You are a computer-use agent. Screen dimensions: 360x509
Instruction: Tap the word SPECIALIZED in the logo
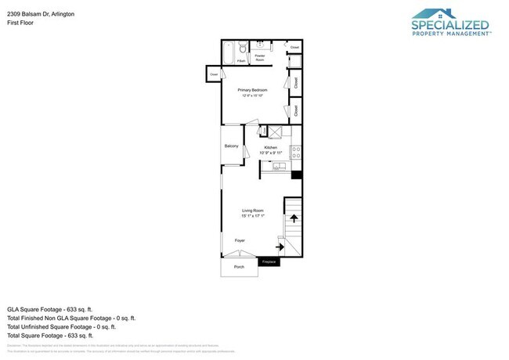pyautogui.click(x=450, y=24)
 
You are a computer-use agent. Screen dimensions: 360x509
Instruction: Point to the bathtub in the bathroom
pyautogui.click(x=228, y=53)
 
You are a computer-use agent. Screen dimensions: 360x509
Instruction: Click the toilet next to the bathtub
pyautogui.click(x=243, y=49)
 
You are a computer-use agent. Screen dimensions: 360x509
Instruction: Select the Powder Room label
pyautogui.click(x=260, y=57)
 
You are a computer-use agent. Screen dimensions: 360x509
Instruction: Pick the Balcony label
pyautogui.click(x=231, y=146)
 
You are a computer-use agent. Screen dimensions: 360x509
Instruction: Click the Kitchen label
pyautogui.click(x=271, y=147)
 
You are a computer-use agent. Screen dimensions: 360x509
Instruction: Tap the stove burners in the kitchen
pyautogui.click(x=295, y=152)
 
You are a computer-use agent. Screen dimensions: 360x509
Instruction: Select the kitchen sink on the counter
pyautogui.click(x=277, y=166)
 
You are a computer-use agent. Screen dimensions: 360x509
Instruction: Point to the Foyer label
pyautogui.click(x=240, y=240)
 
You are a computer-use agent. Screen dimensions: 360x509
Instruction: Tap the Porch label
pyautogui.click(x=239, y=267)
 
